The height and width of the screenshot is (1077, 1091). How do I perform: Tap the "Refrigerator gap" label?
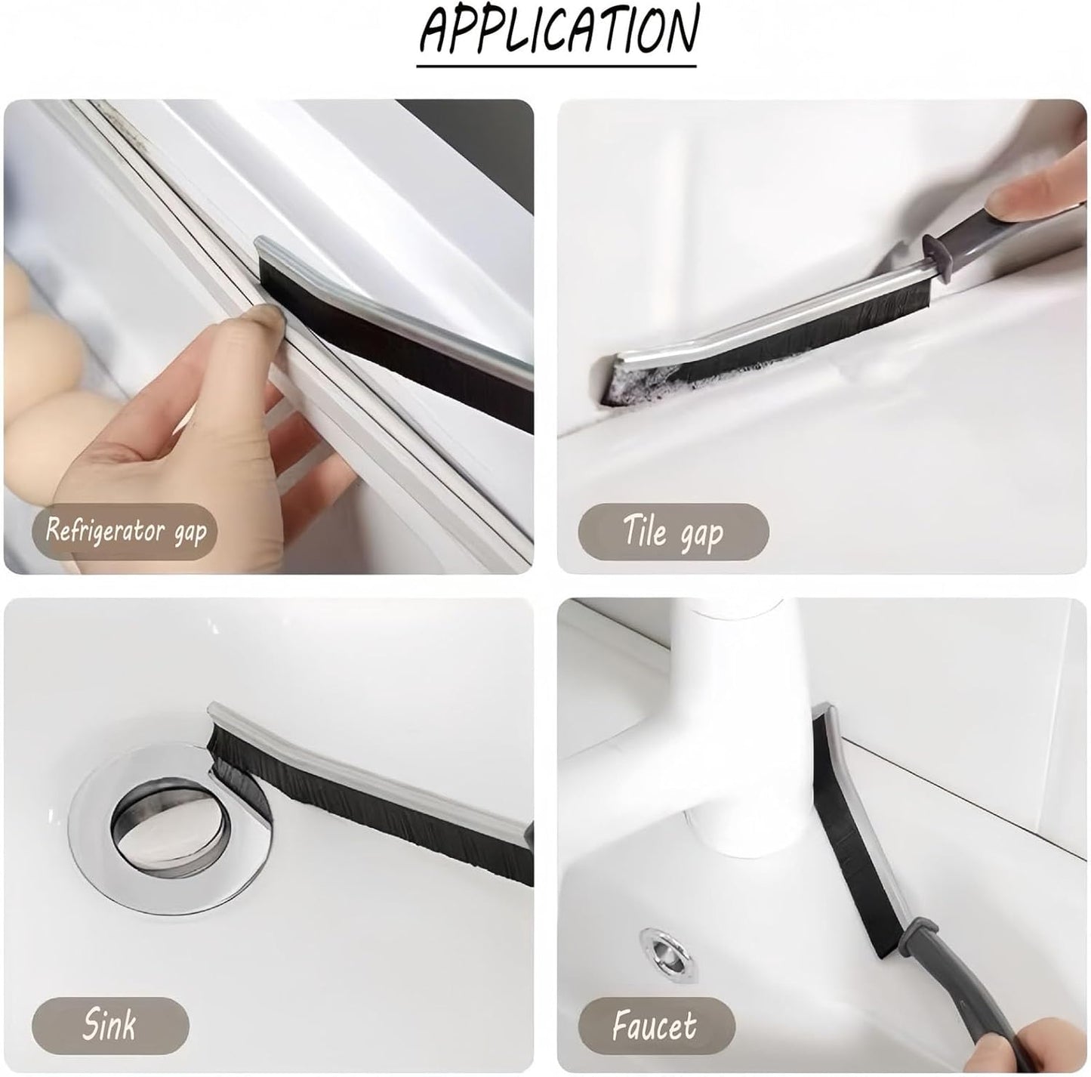pos(125,532)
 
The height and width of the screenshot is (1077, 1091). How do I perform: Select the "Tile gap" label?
pos(673,532)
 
